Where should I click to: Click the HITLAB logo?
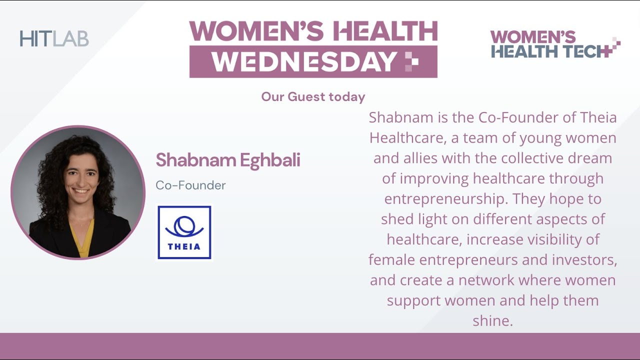[54, 38]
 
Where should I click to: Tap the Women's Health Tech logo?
[555, 44]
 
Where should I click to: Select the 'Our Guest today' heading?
[313, 96]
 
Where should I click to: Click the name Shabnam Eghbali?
[228, 160]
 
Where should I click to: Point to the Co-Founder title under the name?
[190, 185]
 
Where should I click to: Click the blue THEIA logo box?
[184, 232]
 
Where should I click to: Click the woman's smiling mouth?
[79, 191]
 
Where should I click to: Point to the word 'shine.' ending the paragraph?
[492, 321]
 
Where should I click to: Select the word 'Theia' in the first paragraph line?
[598, 117]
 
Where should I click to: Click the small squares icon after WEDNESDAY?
[411, 62]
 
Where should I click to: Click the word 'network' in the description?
[486, 280]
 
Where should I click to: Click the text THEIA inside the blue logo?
[184, 246]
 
